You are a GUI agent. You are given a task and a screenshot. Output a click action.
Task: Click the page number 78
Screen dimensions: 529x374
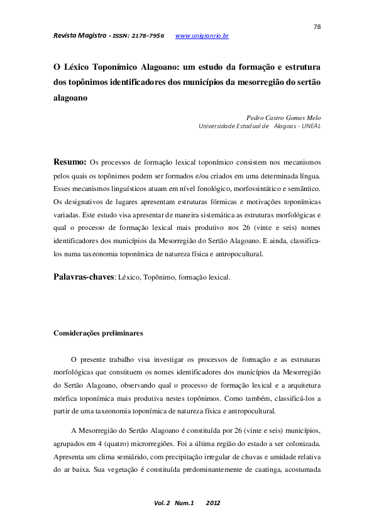tap(317, 26)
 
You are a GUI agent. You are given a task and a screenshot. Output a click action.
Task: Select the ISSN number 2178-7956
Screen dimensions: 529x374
tap(148, 36)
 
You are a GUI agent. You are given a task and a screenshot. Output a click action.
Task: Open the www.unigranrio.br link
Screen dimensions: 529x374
tap(202, 36)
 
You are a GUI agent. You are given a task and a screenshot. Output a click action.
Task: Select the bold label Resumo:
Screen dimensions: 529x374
tap(70, 161)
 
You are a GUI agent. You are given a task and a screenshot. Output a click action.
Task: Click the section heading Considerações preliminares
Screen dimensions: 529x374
tap(98, 332)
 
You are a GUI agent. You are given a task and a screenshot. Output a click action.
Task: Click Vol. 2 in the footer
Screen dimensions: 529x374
tap(161, 503)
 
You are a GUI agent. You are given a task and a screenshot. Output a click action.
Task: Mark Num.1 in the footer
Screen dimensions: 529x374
tap(185, 503)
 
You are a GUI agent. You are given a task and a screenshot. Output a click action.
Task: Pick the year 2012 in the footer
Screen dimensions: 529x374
tap(214, 503)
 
